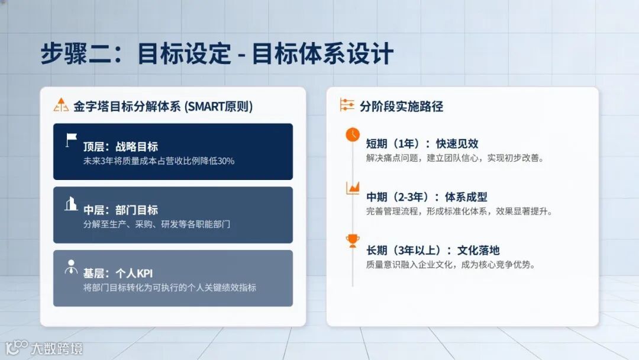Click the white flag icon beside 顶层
(72, 140)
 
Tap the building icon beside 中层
(71, 204)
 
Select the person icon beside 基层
(71, 267)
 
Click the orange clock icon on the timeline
(353, 134)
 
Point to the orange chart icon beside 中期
(353, 188)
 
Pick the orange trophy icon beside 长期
(353, 240)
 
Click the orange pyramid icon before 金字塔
(61, 106)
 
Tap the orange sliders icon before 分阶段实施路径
(347, 105)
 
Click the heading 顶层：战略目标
(120, 147)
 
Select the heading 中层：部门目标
(120, 210)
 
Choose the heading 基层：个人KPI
(118, 274)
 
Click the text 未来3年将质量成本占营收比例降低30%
(159, 161)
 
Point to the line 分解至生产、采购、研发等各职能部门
(156, 224)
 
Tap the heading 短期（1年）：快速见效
(422, 144)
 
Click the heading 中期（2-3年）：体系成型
(427, 197)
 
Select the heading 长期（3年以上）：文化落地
(433, 250)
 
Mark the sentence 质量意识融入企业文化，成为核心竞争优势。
(451, 265)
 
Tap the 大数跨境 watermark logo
(44, 348)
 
